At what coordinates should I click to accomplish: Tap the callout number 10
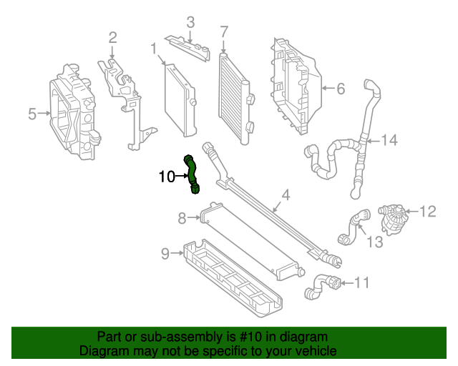(x=166, y=176)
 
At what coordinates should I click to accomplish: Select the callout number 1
(x=154, y=49)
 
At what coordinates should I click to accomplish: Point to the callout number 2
(x=113, y=37)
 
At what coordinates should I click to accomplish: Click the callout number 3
(x=190, y=23)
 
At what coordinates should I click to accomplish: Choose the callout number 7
(x=224, y=31)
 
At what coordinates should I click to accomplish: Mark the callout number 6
(x=340, y=89)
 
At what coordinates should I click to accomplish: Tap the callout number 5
(x=32, y=114)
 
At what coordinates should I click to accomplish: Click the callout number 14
(x=388, y=140)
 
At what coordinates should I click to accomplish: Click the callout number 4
(x=285, y=194)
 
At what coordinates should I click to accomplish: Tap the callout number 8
(x=182, y=217)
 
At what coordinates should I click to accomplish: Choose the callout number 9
(x=165, y=252)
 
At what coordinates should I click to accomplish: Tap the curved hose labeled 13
(x=351, y=225)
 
